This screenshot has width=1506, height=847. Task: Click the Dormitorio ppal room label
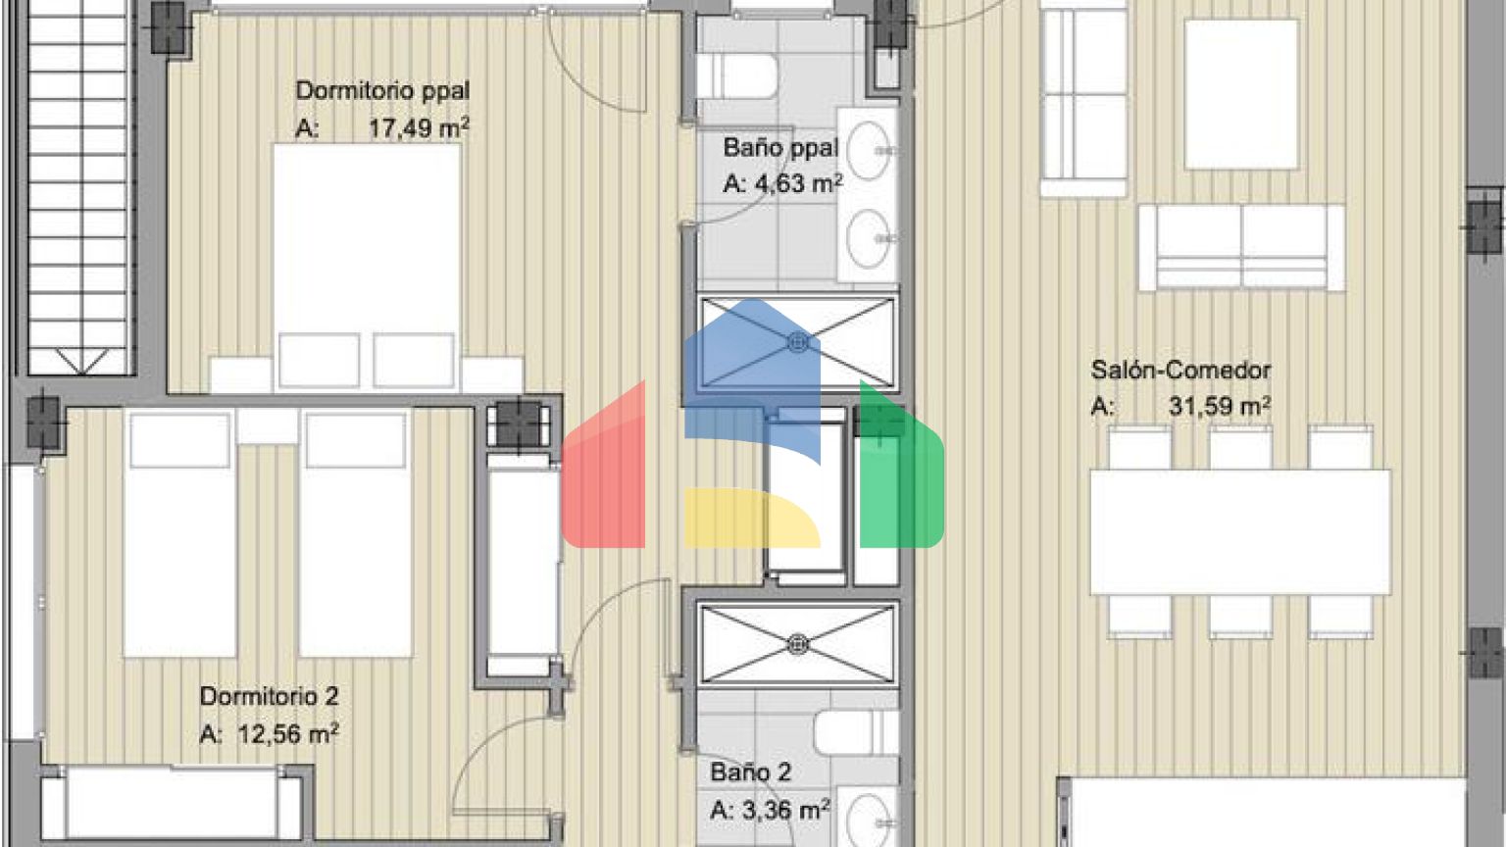tap(382, 91)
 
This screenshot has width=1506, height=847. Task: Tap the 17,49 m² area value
tap(419, 127)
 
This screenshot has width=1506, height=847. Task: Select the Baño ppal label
tap(780, 148)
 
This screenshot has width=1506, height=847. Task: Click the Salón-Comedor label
tap(1180, 370)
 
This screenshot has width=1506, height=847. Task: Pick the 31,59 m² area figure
tap(1220, 406)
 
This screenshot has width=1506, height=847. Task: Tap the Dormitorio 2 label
tap(269, 696)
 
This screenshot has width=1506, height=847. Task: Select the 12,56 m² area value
tap(287, 734)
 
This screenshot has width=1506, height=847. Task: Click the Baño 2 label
tap(750, 772)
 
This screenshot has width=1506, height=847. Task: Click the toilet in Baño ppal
tap(737, 75)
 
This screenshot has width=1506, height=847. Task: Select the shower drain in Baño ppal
tap(798, 343)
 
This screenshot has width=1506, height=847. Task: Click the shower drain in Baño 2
tap(798, 645)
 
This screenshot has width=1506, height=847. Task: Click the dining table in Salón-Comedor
tap(1240, 531)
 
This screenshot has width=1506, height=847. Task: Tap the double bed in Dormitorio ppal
tap(367, 267)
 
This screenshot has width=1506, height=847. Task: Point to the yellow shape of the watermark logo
tap(752, 518)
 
